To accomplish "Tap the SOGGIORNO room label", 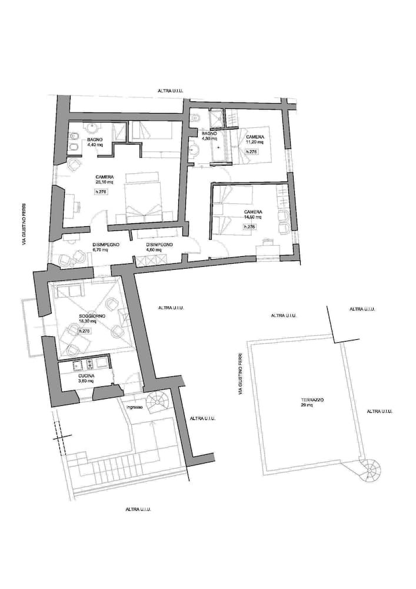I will [92, 316].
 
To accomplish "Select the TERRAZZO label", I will [306, 400].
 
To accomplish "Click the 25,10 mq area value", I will [104, 182].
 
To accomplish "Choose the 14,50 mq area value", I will [254, 217].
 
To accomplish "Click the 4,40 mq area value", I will [95, 144].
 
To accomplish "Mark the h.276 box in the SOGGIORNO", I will [84, 331].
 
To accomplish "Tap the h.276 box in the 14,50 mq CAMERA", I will [249, 227].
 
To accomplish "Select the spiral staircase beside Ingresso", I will [157, 402].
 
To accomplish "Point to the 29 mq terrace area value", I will [306, 406].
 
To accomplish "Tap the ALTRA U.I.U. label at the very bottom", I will [139, 509].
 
